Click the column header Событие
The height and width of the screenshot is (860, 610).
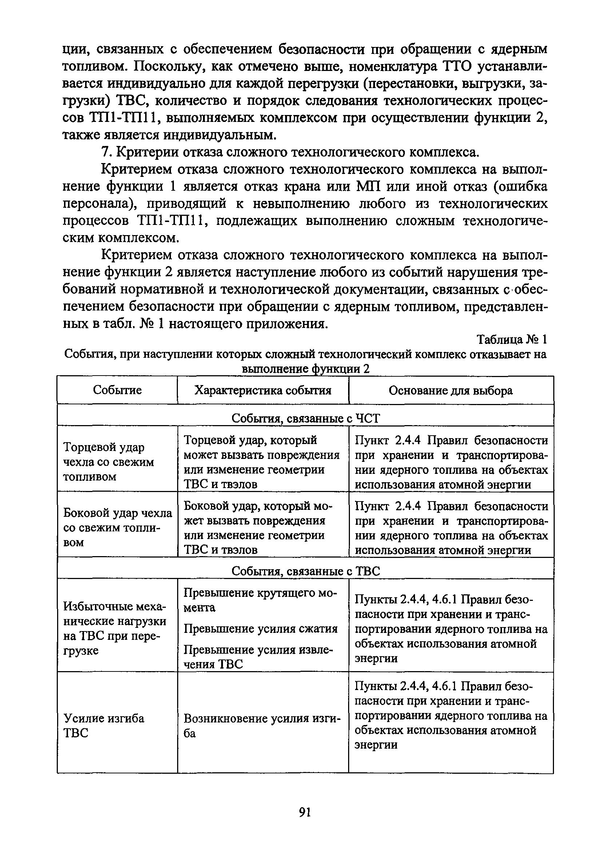(117, 390)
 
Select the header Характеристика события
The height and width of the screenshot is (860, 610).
(263, 391)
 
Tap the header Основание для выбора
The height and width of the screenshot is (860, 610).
(450, 391)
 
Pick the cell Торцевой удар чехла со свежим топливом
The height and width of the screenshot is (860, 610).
(108, 462)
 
